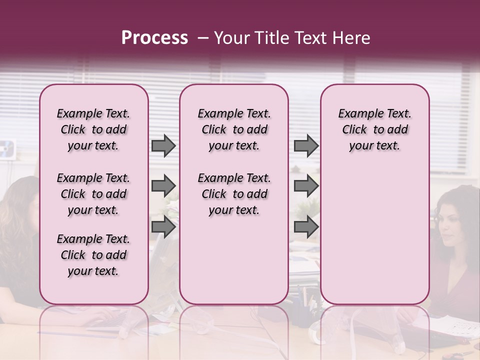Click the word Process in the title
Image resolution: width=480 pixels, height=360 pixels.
click(154, 38)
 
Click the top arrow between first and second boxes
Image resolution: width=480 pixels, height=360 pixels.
click(163, 146)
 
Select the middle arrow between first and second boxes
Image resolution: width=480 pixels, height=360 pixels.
click(163, 186)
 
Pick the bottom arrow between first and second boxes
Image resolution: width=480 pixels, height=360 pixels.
click(163, 227)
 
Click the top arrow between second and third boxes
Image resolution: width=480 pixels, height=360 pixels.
click(306, 146)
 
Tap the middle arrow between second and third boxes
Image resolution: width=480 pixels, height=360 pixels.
click(306, 186)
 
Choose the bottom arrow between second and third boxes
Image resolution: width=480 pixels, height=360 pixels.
click(306, 227)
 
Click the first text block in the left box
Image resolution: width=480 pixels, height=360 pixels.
click(93, 129)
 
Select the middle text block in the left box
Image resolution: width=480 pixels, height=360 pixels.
click(93, 194)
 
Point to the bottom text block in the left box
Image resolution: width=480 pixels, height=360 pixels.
click(93, 255)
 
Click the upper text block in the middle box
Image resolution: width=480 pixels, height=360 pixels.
click(234, 129)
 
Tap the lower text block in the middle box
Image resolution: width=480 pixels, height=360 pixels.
click(234, 194)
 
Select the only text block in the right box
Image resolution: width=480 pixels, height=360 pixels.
click(374, 129)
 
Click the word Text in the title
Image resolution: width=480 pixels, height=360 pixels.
click(311, 38)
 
